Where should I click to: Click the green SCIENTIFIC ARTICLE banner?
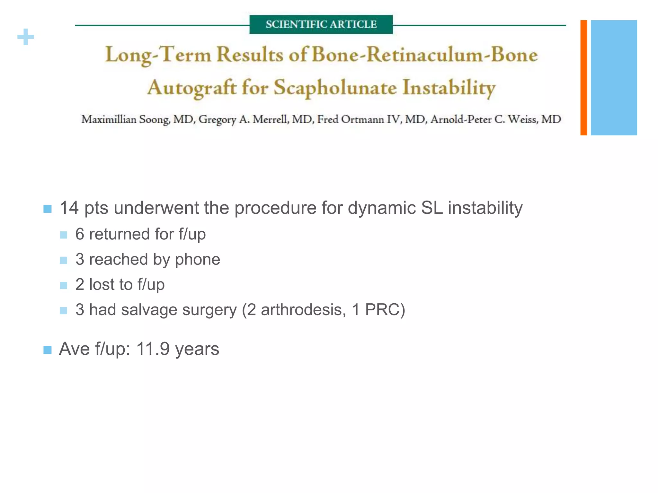[321, 24]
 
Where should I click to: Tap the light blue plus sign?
[26, 37]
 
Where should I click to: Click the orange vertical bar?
[583, 78]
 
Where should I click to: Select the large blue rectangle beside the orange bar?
[614, 78]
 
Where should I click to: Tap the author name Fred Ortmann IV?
[358, 119]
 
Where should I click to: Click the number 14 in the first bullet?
[69, 208]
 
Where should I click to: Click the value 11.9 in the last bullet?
[153, 349]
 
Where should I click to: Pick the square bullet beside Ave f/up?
[47, 350]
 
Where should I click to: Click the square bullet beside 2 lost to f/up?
[64, 285]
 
